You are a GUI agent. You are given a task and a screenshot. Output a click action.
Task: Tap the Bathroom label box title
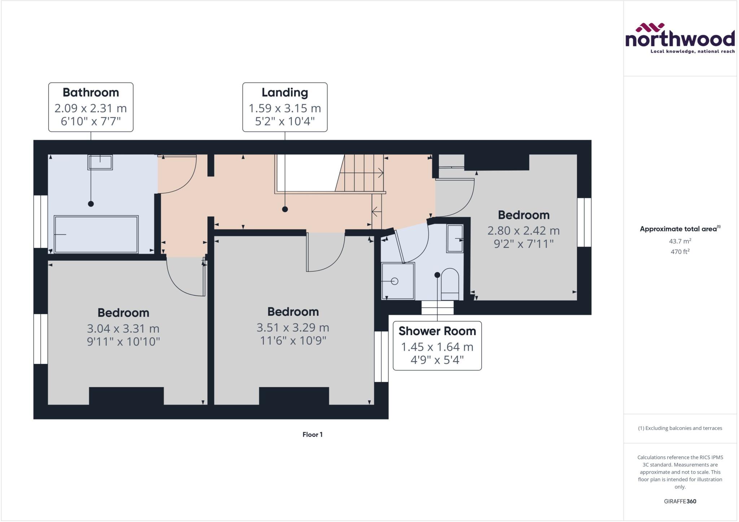pyautogui.click(x=91, y=92)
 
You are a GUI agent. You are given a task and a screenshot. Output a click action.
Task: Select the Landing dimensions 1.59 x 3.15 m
pyautogui.click(x=285, y=108)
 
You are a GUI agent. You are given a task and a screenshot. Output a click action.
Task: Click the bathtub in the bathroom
pyautogui.click(x=96, y=234)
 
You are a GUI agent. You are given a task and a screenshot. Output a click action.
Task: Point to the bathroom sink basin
pyautogui.click(x=100, y=162)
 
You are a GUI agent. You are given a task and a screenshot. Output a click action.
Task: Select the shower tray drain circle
pyautogui.click(x=394, y=281)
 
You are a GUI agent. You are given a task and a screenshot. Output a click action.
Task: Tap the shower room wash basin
pyautogui.click(x=455, y=238)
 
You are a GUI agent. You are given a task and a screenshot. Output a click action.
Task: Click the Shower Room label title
pyautogui.click(x=437, y=331)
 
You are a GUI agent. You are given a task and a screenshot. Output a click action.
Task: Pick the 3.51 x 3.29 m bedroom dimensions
pyautogui.click(x=293, y=328)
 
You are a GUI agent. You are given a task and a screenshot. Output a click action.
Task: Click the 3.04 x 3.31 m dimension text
pyautogui.click(x=123, y=329)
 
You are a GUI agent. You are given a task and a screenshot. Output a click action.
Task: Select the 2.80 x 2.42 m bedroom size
pyautogui.click(x=523, y=231)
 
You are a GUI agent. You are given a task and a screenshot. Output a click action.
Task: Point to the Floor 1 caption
pyautogui.click(x=312, y=435)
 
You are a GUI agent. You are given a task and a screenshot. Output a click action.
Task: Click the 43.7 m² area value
pyautogui.click(x=680, y=241)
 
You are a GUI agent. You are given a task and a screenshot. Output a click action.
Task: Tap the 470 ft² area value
pyautogui.click(x=680, y=252)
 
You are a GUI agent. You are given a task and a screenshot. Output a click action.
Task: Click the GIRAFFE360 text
pyautogui.click(x=680, y=501)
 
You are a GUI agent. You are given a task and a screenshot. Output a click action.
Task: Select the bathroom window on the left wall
pyautogui.click(x=41, y=221)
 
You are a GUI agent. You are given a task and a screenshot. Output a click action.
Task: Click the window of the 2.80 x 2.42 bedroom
pyautogui.click(x=584, y=222)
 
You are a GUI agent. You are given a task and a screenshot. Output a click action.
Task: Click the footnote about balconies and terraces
pyautogui.click(x=680, y=428)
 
